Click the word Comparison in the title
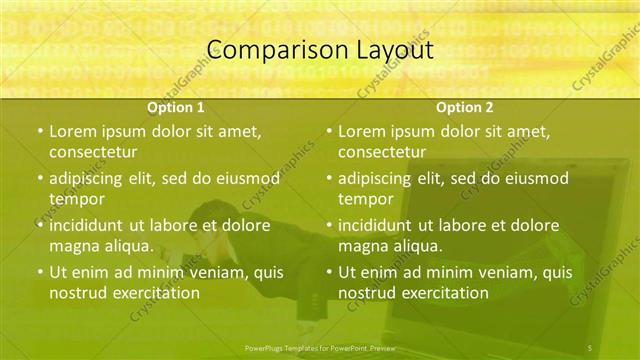coord(268,49)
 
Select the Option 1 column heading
coord(176,107)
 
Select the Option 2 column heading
coord(464,107)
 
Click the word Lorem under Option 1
coord(73,131)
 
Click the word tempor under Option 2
coord(366,199)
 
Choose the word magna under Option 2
coord(363,246)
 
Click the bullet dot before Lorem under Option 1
coord(39,132)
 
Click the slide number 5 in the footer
coord(589,347)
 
